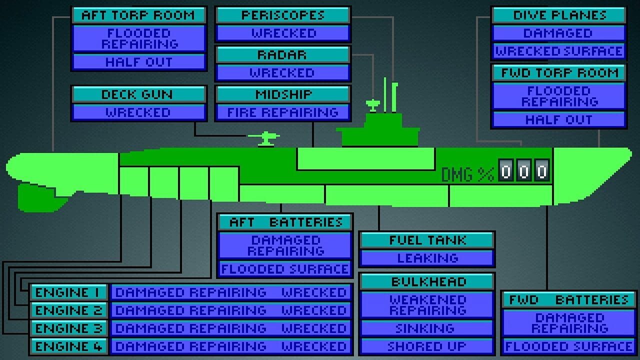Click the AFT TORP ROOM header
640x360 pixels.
(138, 15)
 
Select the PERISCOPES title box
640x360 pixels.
(283, 15)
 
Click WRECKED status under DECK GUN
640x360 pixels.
(138, 112)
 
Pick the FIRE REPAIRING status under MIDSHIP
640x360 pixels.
(282, 112)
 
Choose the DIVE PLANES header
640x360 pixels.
(558, 15)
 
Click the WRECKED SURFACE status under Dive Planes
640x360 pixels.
(558, 51)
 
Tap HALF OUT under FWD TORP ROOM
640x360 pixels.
(558, 120)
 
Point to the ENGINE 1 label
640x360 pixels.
(68, 292)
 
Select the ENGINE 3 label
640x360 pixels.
(68, 328)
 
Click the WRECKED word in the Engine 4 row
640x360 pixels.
(314, 346)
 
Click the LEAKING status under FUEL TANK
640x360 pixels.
(427, 258)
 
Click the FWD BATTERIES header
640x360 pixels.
(568, 300)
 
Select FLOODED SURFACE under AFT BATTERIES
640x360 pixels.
(285, 269)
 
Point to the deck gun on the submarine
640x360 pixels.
(264, 137)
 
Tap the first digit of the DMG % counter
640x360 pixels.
(506, 171)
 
